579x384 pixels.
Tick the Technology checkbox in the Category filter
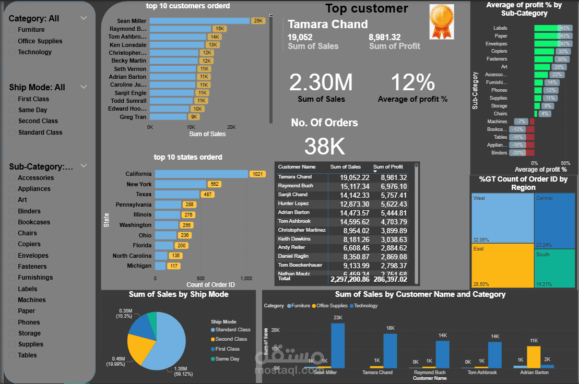pyautogui.click(x=13, y=52)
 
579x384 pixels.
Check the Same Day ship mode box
pyautogui.click(x=13, y=110)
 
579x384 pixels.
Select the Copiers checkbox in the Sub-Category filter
pyautogui.click(x=13, y=244)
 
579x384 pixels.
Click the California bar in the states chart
pyautogui.click(x=201, y=174)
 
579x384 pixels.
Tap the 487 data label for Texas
pyautogui.click(x=208, y=194)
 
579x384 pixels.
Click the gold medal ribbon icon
pyautogui.click(x=441, y=21)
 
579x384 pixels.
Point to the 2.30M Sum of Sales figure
pyautogui.click(x=321, y=82)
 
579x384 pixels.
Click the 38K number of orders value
pyautogui.click(x=324, y=147)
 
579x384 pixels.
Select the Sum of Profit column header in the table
pyautogui.click(x=389, y=167)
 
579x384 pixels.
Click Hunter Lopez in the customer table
pyautogui.click(x=293, y=203)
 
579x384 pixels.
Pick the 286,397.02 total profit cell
pyautogui.click(x=390, y=279)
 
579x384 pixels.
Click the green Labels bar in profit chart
pyautogui.click(x=546, y=28)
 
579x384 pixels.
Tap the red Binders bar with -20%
pyautogui.click(x=530, y=153)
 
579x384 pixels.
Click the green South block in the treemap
pyautogui.click(x=554, y=268)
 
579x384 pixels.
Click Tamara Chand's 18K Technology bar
pyautogui.click(x=390, y=351)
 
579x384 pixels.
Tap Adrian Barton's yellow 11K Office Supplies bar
pyautogui.click(x=534, y=357)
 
